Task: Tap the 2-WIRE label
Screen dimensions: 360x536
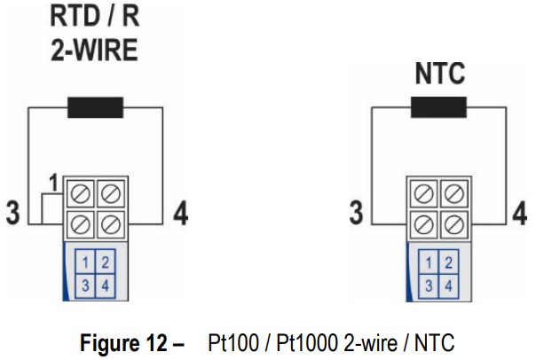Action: [92, 51]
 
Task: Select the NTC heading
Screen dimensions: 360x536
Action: [439, 74]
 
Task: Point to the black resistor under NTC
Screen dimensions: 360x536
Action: [438, 109]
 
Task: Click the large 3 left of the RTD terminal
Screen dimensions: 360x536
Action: [12, 215]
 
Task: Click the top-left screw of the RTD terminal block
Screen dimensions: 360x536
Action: [82, 192]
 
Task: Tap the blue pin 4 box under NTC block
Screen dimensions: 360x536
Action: [448, 285]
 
